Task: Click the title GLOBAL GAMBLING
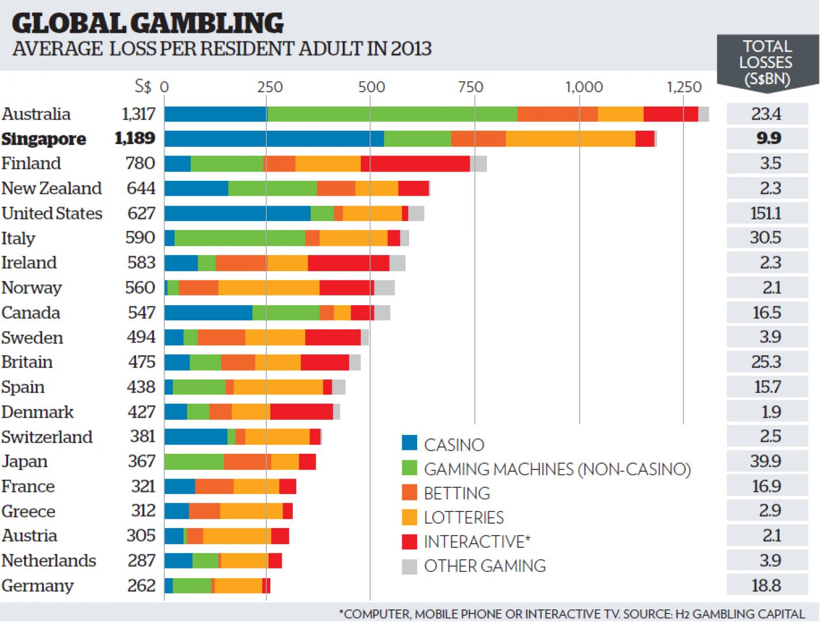[148, 23]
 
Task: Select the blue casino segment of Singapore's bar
[274, 139]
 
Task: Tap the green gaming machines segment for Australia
[392, 114]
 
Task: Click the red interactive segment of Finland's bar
[415, 164]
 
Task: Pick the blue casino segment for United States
[237, 213]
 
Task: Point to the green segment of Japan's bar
[194, 462]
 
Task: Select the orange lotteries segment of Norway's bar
[269, 287]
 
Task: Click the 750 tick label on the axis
[471, 87]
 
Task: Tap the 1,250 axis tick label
[684, 87]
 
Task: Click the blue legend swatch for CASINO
[409, 442]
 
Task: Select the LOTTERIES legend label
[464, 518]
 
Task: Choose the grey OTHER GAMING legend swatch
[409, 567]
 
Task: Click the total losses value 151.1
[766, 213]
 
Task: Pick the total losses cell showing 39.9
[766, 461]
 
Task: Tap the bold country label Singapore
[44, 139]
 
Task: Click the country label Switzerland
[47, 437]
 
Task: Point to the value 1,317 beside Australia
[138, 114]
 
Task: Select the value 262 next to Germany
[141, 586]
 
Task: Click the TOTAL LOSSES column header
[766, 62]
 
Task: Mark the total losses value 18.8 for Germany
[766, 586]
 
